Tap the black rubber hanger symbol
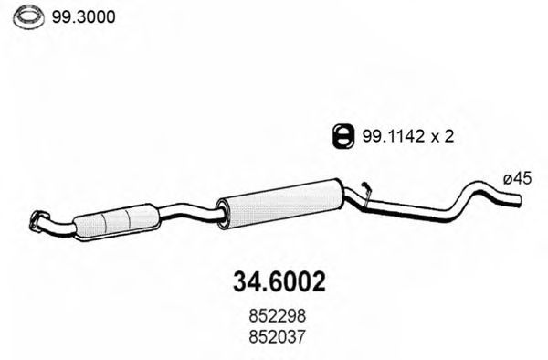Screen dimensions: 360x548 (x=340, y=137)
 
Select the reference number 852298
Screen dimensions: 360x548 (x=274, y=315)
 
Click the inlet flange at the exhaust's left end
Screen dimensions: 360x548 (x=39, y=218)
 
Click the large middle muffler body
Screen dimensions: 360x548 (x=279, y=200)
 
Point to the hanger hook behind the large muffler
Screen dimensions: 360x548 (x=365, y=191)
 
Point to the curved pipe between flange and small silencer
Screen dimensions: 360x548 (x=62, y=222)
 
